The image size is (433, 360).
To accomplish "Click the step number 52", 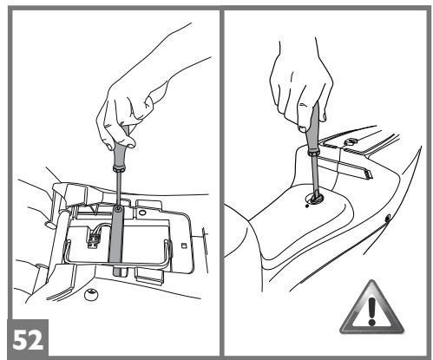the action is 28,340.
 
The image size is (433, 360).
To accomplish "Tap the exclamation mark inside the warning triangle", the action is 372,311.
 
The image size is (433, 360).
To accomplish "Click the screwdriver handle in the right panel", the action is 313,128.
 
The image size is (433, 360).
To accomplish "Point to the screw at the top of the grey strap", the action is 118,208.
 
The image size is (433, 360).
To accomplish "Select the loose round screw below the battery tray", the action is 91,294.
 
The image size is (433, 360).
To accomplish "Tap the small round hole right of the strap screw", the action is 142,213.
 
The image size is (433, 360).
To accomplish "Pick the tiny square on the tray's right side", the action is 183,245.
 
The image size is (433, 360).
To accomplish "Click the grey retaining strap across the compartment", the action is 117,240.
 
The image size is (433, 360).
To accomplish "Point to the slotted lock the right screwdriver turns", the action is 315,199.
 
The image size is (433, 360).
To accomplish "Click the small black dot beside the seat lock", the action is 307,206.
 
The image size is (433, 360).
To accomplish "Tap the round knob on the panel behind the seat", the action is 351,141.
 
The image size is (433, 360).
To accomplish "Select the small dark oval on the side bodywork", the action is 388,217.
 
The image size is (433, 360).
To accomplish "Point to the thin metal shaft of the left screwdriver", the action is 119,188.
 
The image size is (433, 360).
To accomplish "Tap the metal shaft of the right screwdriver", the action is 314,173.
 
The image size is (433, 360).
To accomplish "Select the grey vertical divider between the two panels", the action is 222,182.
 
